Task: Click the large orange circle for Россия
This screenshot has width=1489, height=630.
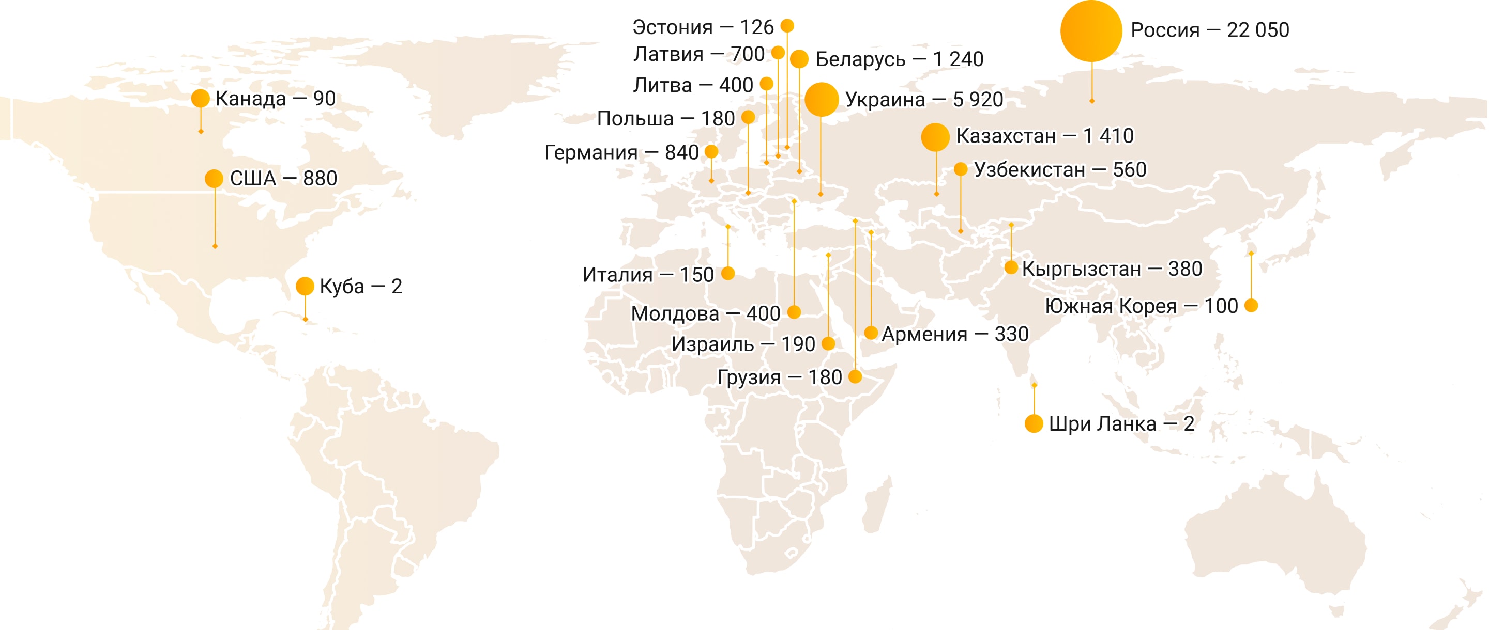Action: (x=1091, y=31)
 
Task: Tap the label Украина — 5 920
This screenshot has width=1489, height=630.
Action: (x=924, y=99)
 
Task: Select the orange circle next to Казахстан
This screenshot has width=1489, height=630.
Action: (x=935, y=137)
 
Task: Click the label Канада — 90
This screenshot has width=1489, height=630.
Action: (x=275, y=99)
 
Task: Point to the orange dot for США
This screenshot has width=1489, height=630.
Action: (x=214, y=179)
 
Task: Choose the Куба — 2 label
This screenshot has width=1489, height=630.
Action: (x=361, y=287)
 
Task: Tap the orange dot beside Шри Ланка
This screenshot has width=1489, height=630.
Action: (x=1034, y=423)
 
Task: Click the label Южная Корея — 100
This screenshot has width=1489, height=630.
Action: (x=1141, y=306)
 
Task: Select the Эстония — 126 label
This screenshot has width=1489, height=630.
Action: (x=703, y=27)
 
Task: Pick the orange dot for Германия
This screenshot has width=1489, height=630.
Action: (x=711, y=152)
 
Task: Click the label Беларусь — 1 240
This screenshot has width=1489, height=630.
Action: (x=900, y=59)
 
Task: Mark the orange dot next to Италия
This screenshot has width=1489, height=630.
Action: (x=728, y=273)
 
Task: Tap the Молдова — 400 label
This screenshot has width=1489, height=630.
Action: (x=705, y=313)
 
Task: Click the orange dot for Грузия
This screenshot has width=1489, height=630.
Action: (x=856, y=377)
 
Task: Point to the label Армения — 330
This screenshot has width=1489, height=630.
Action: (x=955, y=334)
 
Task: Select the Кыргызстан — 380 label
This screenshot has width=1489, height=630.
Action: (x=1112, y=269)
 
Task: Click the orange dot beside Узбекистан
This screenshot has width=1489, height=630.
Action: (x=961, y=169)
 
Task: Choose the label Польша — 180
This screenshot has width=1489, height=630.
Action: (x=665, y=118)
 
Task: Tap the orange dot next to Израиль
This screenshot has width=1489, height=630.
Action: (x=828, y=344)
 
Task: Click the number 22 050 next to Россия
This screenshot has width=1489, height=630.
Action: (x=1258, y=30)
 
